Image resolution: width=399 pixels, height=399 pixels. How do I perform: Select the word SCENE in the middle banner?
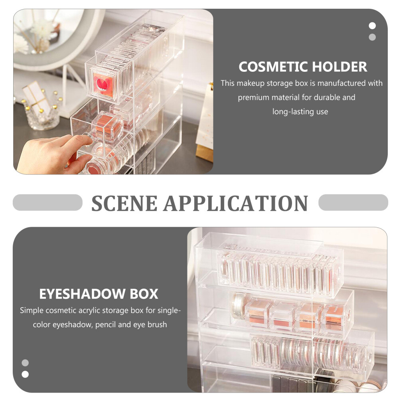tap(124, 203)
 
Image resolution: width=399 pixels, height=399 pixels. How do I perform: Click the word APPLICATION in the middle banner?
tap(235, 203)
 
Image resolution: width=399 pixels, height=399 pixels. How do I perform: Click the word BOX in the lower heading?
tap(143, 294)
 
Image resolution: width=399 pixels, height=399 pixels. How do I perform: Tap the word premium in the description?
tap(255, 97)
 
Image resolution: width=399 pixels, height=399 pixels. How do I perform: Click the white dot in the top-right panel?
tap(372, 26)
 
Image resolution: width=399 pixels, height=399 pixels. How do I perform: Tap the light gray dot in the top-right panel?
tap(372, 37)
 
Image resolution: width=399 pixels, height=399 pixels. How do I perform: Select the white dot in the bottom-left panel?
tap(25, 374)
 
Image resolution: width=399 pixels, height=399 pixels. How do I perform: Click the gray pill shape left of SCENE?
tap(47, 203)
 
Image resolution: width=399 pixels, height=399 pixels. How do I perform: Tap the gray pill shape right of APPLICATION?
tap(353, 203)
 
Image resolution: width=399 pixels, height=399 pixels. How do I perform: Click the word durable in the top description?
tap(327, 97)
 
